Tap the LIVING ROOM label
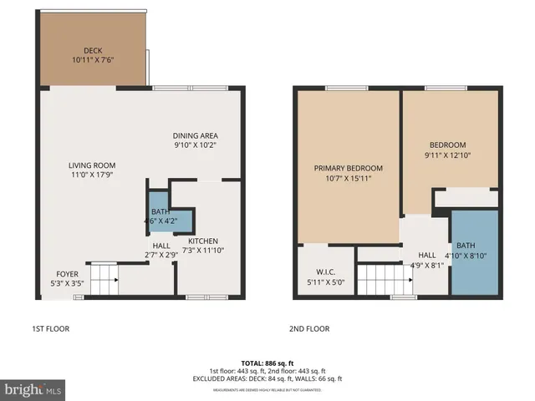coord(92,165)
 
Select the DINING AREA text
coord(196,136)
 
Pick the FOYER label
coord(68,273)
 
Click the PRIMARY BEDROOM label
coord(348,168)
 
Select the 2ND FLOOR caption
coord(309,328)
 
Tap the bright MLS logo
coord(33,389)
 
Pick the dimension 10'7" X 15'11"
coord(348,178)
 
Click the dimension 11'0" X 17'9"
coord(92,175)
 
